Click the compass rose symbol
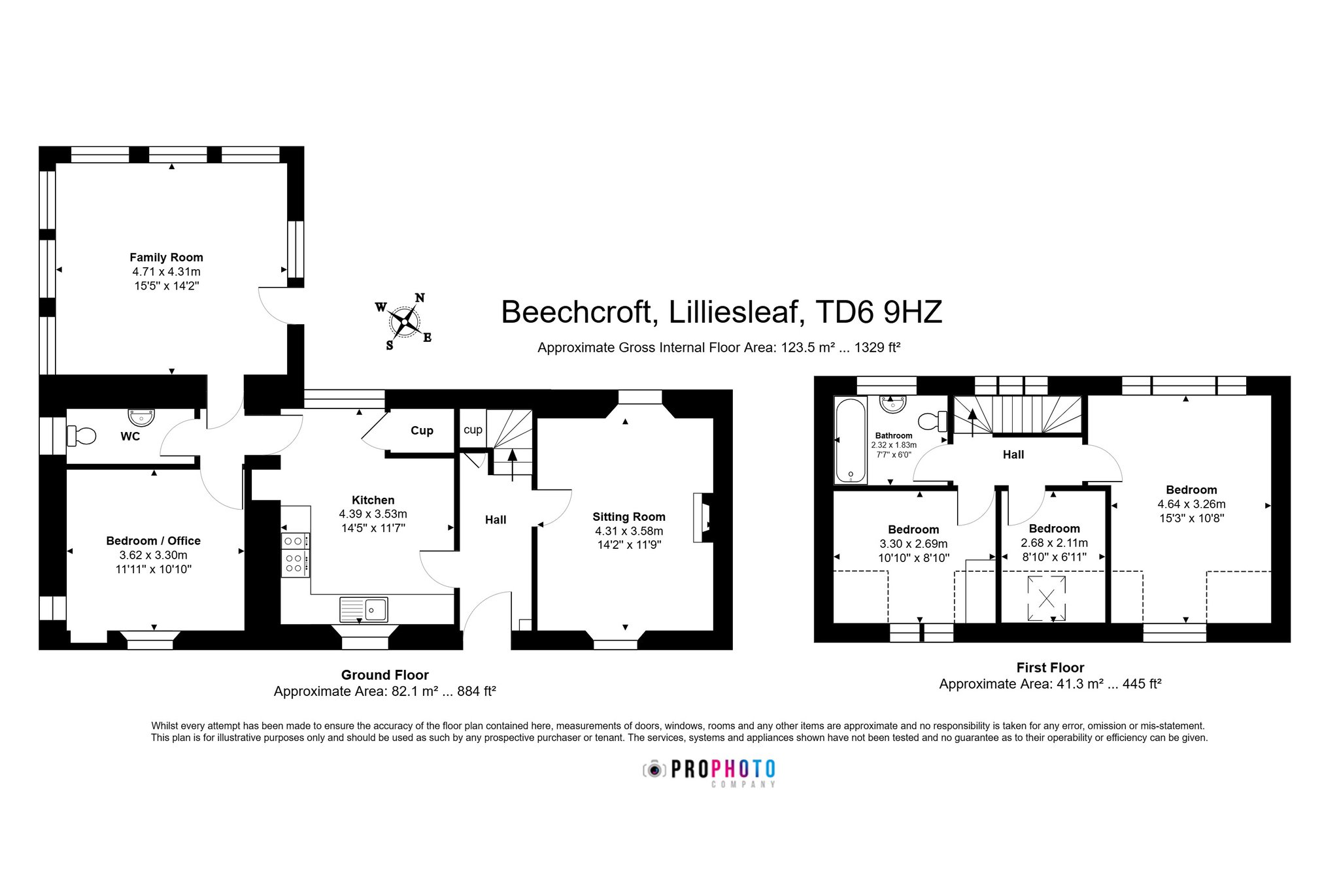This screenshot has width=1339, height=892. [405, 321]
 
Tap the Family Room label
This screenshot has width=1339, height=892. [166, 257]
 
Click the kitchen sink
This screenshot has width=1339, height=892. [364, 610]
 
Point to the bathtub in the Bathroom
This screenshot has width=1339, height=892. [851, 440]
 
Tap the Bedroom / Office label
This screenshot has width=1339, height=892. [153, 541]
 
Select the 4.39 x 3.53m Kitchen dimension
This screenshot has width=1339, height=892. [373, 514]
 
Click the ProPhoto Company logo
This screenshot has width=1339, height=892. [709, 773]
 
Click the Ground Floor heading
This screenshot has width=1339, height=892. [384, 675]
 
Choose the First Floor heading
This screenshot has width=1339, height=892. [1050, 668]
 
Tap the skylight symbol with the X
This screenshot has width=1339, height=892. [1047, 598]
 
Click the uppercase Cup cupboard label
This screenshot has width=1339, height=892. [422, 431]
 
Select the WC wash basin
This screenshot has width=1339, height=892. [141, 416]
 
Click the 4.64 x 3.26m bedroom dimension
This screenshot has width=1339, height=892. [1191, 504]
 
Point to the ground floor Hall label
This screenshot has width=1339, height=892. [496, 520]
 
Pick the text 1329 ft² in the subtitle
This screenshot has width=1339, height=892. [877, 348]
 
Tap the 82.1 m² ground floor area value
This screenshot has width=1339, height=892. [415, 691]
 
